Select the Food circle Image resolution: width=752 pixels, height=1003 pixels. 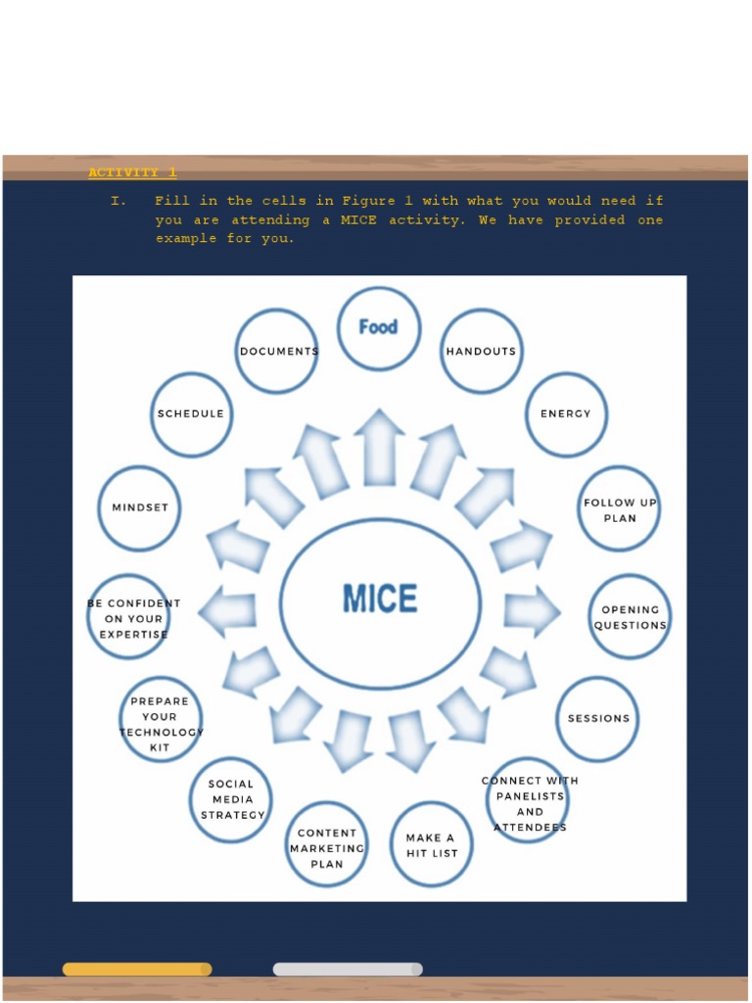379,328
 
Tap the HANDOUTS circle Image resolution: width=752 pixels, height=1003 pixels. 481,351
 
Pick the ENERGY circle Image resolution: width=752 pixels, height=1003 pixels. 566,414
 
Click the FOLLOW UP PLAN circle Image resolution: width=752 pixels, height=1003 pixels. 619,509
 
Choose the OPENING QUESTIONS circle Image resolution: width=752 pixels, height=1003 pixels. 630,617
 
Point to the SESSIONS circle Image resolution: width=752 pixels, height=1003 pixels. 597,718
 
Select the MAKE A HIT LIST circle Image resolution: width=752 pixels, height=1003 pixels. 432,844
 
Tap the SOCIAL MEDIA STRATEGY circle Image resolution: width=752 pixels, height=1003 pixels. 231,799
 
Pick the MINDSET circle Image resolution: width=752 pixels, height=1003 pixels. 140,507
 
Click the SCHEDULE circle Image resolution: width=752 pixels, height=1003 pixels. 191,414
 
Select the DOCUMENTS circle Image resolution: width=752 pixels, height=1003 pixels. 277,351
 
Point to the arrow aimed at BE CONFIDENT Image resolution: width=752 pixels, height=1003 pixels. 227,611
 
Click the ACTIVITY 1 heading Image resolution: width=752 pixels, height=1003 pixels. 132,173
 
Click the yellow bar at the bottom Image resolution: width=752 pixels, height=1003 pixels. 137,969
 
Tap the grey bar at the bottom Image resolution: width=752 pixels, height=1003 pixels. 348,969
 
